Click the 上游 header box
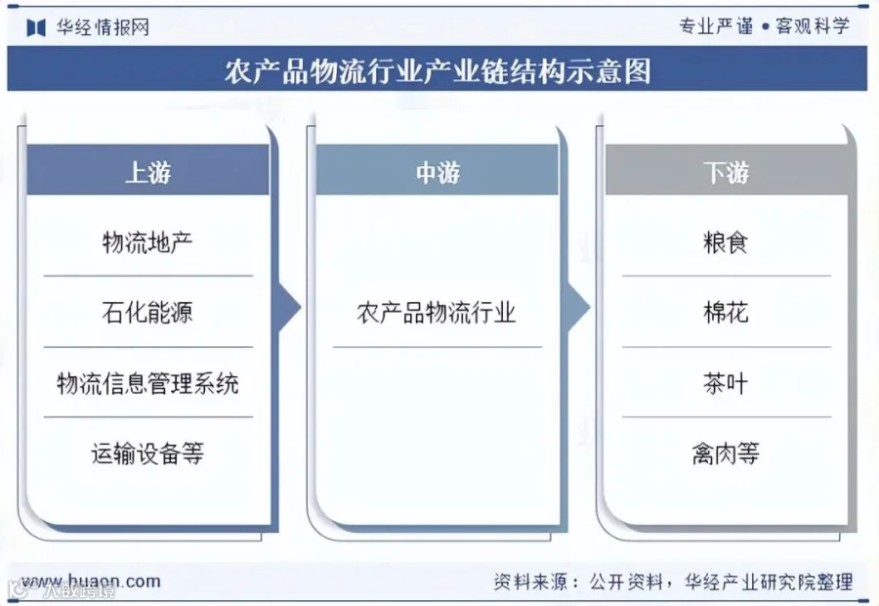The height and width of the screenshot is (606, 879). [148, 170]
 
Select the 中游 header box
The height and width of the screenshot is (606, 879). [438, 170]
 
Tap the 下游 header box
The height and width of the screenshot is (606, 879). [727, 170]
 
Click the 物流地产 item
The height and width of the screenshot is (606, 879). [147, 242]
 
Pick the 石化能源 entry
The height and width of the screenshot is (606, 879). [147, 312]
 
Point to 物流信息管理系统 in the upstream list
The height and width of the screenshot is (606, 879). [148, 383]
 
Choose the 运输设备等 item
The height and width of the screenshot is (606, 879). [147, 453]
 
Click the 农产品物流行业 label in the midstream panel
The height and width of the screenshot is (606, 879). [437, 312]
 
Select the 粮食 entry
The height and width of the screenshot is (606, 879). [726, 242]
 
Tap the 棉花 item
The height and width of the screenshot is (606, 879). [726, 312]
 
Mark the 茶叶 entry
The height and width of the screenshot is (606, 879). [726, 383]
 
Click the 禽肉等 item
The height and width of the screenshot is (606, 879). [726, 453]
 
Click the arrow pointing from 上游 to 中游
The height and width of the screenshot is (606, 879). [289, 307]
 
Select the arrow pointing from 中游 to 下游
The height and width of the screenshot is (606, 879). [578, 307]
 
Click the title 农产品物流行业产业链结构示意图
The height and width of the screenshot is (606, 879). [438, 70]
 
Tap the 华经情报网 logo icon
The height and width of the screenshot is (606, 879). [36, 27]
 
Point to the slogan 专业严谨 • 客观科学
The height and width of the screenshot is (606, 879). [765, 25]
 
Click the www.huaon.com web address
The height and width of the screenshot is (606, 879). [91, 582]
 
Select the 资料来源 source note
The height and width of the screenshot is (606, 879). [673, 582]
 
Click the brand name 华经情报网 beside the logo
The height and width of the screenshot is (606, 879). [103, 27]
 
